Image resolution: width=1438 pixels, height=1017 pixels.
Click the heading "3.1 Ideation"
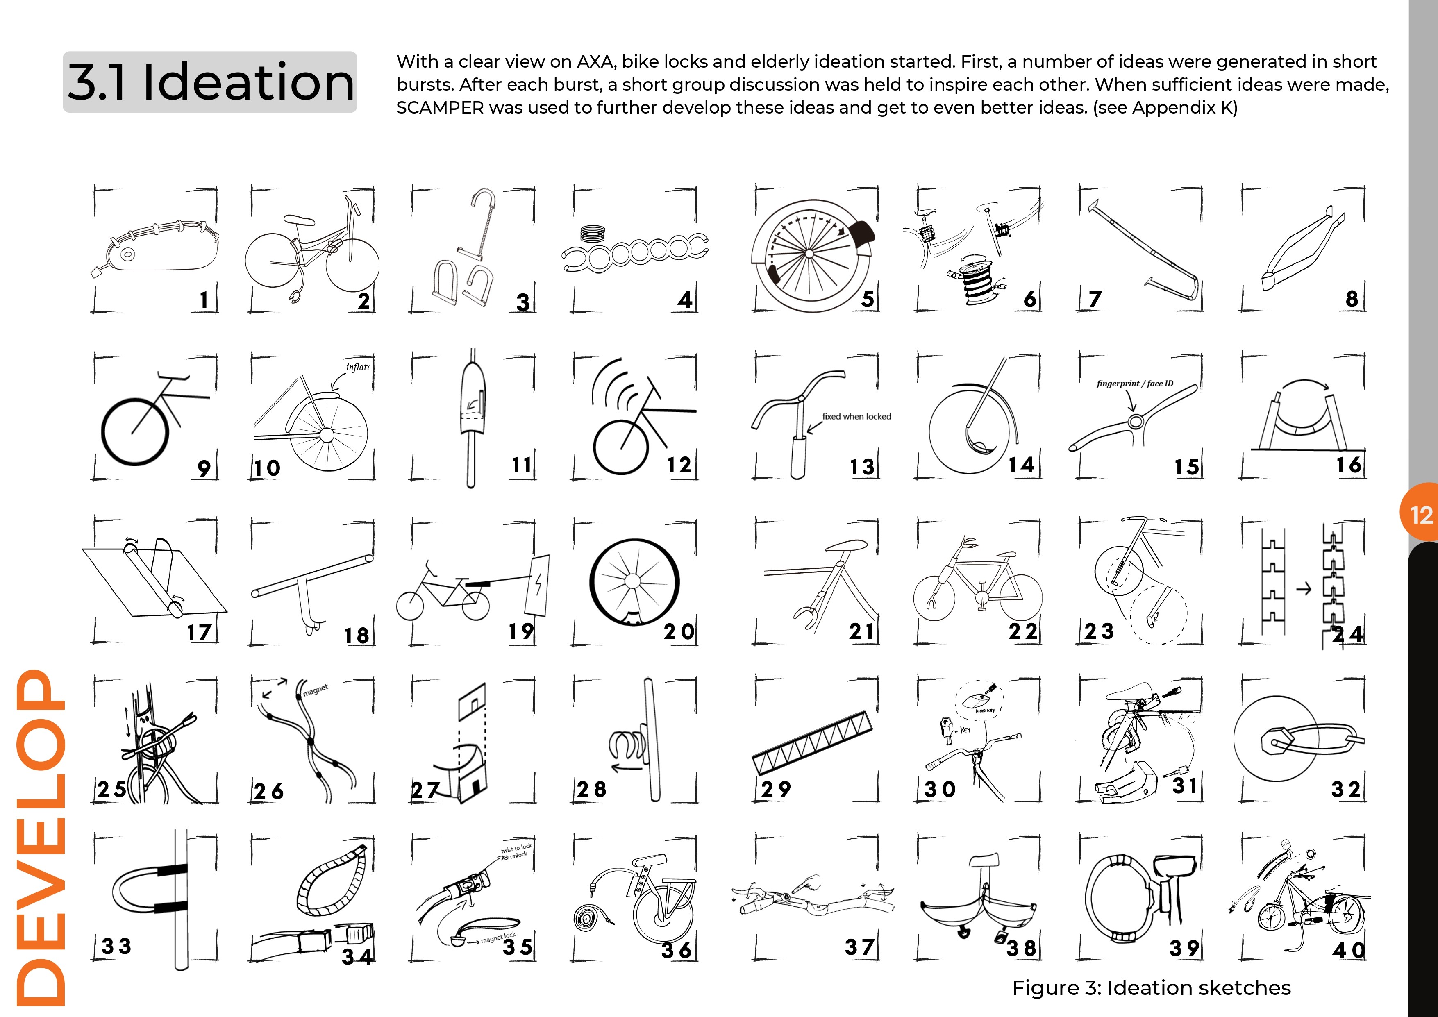(211, 82)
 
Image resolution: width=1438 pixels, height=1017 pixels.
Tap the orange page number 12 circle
(1420, 515)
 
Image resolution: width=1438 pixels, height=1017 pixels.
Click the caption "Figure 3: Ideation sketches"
(1151, 987)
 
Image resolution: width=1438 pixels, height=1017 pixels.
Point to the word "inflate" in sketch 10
(358, 367)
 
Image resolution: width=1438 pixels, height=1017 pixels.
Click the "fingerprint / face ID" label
(1134, 383)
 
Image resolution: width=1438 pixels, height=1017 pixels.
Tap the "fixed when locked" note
(856, 416)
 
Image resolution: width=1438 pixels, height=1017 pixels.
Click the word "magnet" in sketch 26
(315, 690)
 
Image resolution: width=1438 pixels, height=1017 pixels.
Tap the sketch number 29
(775, 789)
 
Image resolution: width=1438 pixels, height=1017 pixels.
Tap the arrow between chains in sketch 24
(1303, 589)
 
